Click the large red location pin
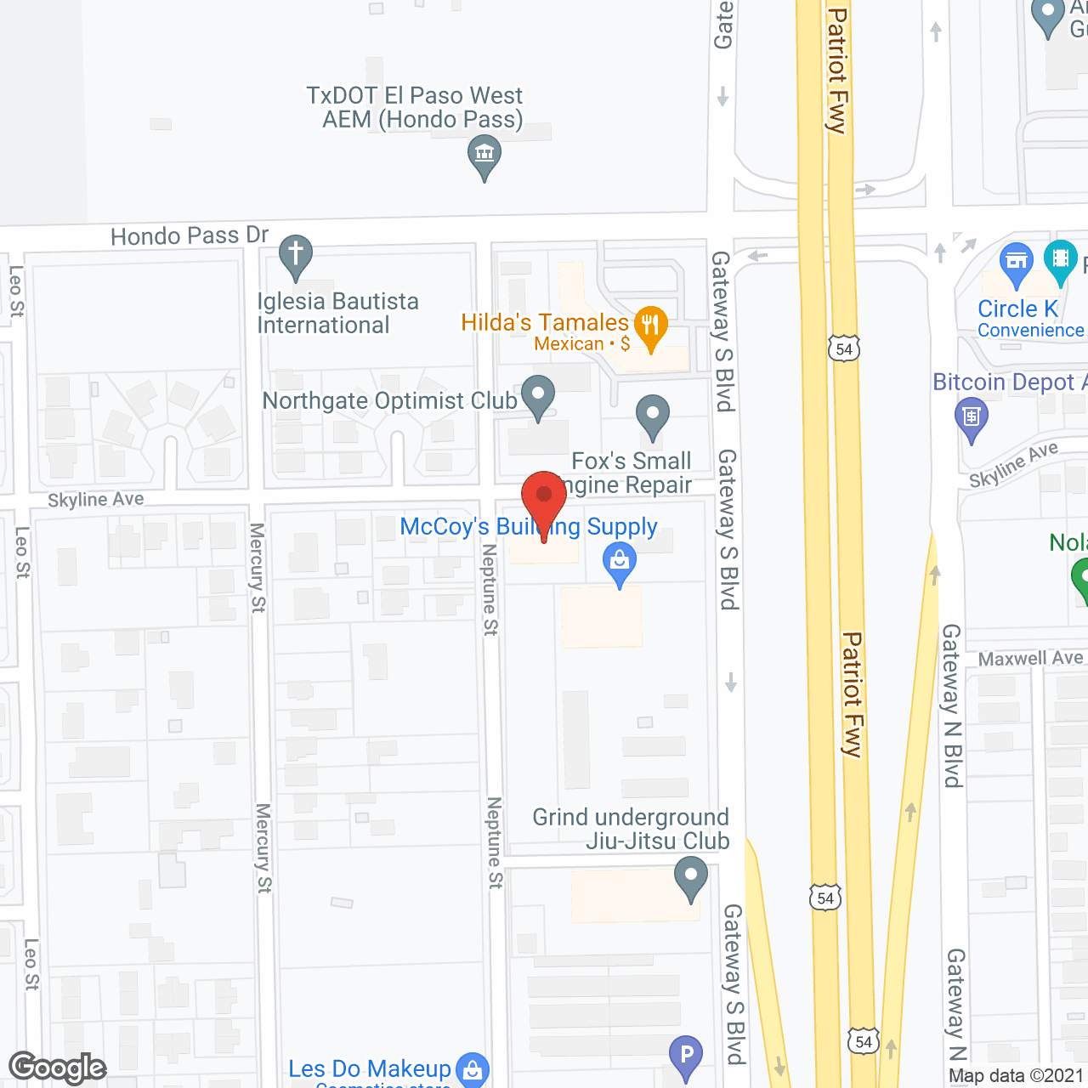click(544, 498)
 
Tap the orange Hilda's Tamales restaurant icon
click(650, 326)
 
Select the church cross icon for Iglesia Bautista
click(295, 254)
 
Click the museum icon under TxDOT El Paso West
click(484, 155)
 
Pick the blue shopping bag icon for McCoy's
click(620, 562)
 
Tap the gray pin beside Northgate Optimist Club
click(537, 394)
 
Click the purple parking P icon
click(685, 1055)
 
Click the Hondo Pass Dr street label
click(190, 235)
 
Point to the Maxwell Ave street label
click(1030, 659)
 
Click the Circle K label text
click(1017, 309)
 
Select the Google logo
click(58, 1068)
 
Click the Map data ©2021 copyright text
click(1016, 1075)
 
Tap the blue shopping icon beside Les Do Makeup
click(472, 1068)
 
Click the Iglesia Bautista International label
click(337, 313)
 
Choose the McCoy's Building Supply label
click(528, 527)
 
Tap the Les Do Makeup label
click(370, 1068)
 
